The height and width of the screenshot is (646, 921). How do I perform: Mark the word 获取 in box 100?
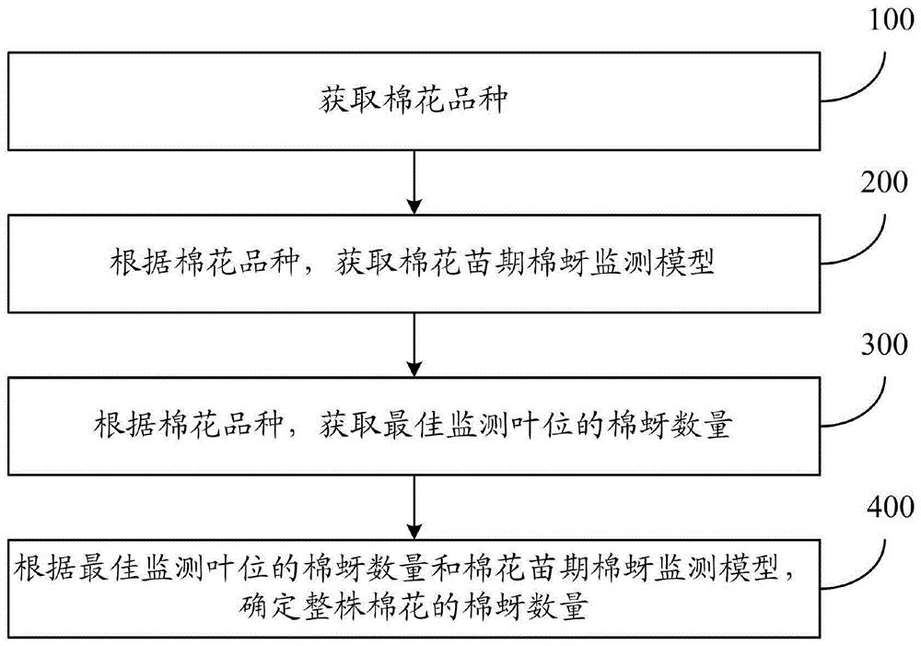[x=340, y=100]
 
